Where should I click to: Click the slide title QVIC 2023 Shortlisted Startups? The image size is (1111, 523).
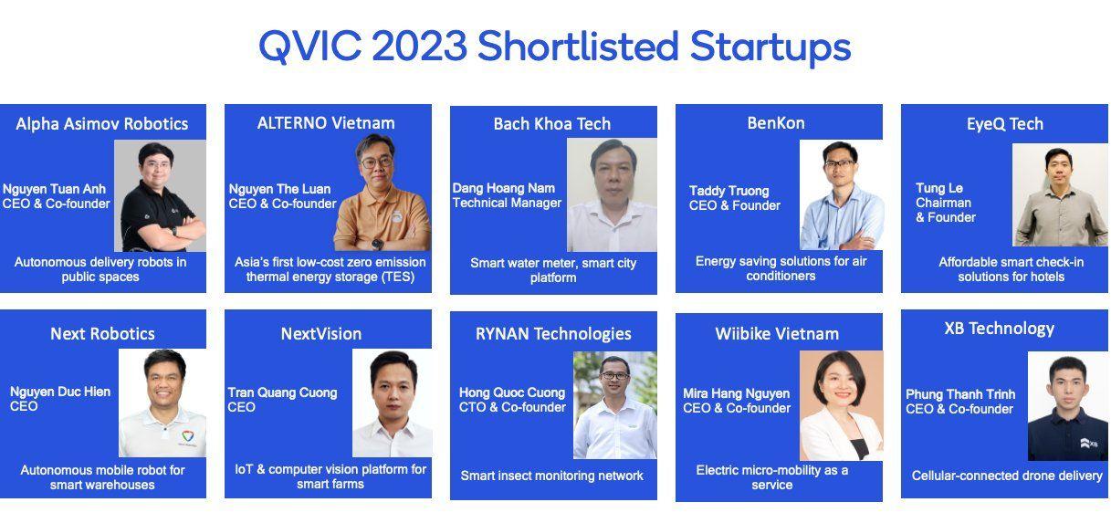pos(554,46)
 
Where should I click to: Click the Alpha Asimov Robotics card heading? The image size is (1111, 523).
pos(102,124)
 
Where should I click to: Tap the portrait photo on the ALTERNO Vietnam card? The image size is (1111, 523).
pos(382,193)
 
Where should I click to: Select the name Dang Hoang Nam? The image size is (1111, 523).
pos(504,188)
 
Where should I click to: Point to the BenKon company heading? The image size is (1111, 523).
pos(776,122)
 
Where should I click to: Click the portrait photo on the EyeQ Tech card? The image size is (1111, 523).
pos(1060,195)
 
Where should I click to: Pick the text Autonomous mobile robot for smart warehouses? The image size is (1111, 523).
pos(102,477)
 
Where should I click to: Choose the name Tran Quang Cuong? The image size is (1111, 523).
pos(283,392)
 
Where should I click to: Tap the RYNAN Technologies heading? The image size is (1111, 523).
pos(553,334)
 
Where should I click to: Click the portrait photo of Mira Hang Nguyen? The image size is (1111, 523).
pos(841,406)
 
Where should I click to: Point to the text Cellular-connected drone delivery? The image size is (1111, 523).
pos(1006,476)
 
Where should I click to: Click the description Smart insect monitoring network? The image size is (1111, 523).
pos(551,476)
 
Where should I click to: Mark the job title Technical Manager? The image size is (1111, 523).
pos(508,203)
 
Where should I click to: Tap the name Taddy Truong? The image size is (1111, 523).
pos(729,191)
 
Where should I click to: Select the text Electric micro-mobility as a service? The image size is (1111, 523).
pos(772,477)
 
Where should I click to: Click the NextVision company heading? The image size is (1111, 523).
pos(321,334)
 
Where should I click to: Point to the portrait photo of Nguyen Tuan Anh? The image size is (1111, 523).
pos(160,195)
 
